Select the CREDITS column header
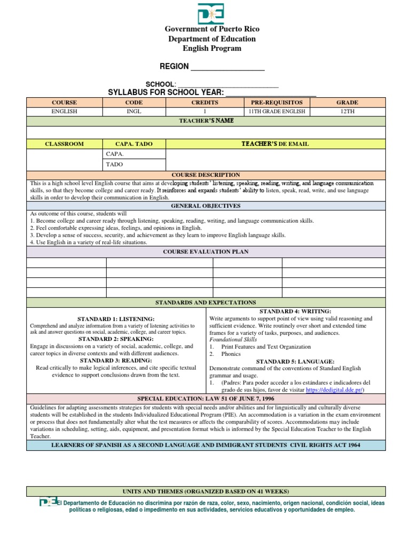(x=204, y=102)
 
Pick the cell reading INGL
(x=133, y=112)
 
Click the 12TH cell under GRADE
(x=347, y=112)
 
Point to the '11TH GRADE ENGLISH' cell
(x=277, y=112)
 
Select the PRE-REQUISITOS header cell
(x=277, y=102)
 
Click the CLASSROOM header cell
(x=64, y=144)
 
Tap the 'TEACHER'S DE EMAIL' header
(x=275, y=144)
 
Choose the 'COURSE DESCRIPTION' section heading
(x=206, y=175)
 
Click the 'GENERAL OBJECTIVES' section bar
(x=206, y=206)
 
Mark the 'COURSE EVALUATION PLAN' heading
(x=206, y=252)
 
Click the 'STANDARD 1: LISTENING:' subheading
(x=116, y=318)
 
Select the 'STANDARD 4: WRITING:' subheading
(x=295, y=311)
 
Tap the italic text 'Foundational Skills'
(x=233, y=339)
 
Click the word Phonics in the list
(x=231, y=354)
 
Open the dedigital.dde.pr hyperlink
(x=334, y=390)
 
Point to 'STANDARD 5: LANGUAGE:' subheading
(x=295, y=361)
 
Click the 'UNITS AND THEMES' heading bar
(x=206, y=491)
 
